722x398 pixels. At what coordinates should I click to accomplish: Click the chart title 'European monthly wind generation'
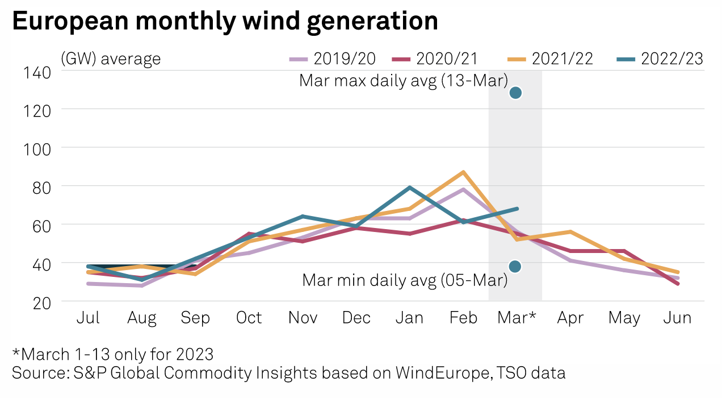pos(225,21)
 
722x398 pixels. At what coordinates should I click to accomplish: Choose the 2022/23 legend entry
pos(659,59)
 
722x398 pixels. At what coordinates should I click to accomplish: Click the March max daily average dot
pos(515,93)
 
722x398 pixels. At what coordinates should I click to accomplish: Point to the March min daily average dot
pos(515,267)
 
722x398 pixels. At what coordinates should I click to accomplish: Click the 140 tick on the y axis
pos(37,72)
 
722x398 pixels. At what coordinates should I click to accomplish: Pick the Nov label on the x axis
pos(302,317)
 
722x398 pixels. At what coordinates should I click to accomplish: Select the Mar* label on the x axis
pos(516,317)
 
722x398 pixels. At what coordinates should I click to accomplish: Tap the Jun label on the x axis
pos(677,317)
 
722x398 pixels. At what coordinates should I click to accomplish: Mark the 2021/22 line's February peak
pos(463,172)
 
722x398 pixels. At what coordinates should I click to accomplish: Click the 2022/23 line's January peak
pos(410,187)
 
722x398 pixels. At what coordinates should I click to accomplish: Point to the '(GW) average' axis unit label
pos(111,59)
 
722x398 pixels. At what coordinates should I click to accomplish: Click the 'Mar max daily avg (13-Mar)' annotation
pos(403,81)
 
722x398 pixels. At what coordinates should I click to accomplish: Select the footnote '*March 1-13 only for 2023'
pos(113,354)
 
